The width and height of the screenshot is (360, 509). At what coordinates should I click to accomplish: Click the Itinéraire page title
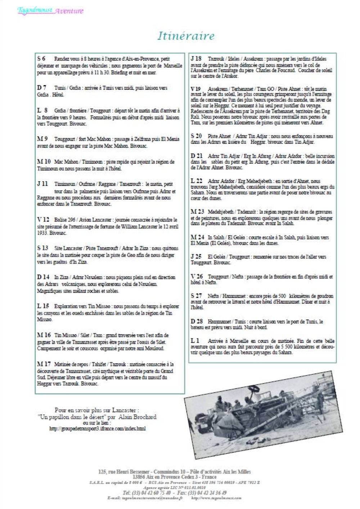click(186, 36)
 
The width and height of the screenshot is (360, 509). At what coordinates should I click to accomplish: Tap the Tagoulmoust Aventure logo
click(50, 10)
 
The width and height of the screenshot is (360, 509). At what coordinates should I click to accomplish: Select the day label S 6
click(41, 58)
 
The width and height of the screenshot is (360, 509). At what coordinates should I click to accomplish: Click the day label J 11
click(42, 184)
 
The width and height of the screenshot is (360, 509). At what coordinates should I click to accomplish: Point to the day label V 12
click(43, 219)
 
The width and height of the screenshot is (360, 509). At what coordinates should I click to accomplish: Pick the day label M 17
click(44, 364)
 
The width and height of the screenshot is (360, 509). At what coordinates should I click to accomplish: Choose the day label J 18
click(196, 58)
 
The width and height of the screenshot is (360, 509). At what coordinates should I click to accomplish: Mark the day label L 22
click(197, 181)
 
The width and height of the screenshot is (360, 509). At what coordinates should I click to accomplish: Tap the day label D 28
click(197, 321)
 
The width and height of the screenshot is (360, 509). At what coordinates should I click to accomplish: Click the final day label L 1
click(195, 340)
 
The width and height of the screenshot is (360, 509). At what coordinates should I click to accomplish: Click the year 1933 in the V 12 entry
click(42, 233)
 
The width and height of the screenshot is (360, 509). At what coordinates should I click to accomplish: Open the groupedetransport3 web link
click(97, 429)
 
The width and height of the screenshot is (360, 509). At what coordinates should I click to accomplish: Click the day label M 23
click(197, 211)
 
